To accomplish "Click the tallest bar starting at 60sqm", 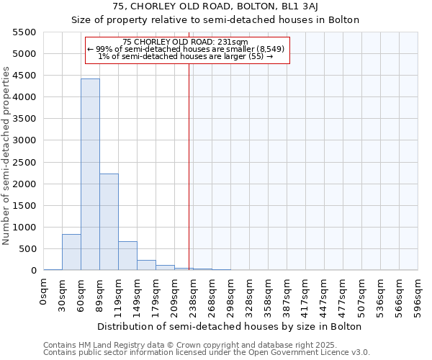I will point(90,174).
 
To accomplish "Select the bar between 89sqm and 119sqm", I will point(109,222).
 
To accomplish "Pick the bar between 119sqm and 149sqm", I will point(127,256).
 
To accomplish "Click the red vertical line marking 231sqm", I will point(189,166).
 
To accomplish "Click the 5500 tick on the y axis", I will point(24,32).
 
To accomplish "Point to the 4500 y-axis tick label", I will point(24,76).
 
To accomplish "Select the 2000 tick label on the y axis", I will point(24,184).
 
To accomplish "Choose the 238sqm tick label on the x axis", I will point(194,293).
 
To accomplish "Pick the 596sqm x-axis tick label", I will point(418,293).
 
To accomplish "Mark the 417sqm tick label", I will point(306,293).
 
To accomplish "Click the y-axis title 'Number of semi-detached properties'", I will point(7,156).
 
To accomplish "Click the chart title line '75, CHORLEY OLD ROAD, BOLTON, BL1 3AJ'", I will point(215,7).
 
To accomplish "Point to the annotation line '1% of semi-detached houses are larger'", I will point(186,56).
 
